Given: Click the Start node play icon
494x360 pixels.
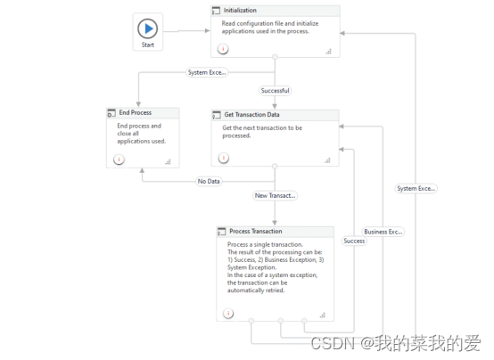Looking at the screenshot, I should coord(149,28).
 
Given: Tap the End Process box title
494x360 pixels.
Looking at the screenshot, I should coord(136,113).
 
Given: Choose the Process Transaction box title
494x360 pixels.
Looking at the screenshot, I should coord(255,232).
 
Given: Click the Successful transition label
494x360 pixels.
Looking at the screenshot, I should coord(275,90).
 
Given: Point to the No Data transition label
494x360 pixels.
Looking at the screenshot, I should coord(208,181).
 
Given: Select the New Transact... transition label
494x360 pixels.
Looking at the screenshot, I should coord(275,195).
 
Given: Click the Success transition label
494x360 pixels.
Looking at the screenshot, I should coord(354,241).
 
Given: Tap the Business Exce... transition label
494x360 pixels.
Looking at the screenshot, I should coord(383,232).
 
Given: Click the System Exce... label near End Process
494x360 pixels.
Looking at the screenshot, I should coord(206,72).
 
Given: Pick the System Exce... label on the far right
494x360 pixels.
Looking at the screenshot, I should coord(416,188).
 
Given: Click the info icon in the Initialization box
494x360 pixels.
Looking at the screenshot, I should coord(223,49).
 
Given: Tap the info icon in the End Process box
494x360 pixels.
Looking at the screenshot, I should coord(118,160).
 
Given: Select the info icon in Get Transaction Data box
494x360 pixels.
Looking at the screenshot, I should coord(223,158).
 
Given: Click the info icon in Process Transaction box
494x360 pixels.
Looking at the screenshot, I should coord(228,313).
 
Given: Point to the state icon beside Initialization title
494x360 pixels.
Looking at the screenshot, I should coord(217,11).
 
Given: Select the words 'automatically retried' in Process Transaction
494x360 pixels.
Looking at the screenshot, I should coord(255,290).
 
